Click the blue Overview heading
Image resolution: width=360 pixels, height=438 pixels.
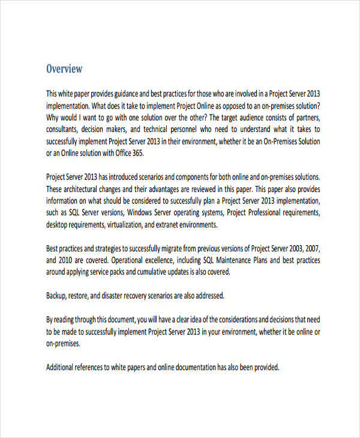(64, 69)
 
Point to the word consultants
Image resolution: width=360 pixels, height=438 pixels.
(63, 129)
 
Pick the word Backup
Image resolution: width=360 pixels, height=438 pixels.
(58, 296)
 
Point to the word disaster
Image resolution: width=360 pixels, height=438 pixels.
(117, 296)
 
